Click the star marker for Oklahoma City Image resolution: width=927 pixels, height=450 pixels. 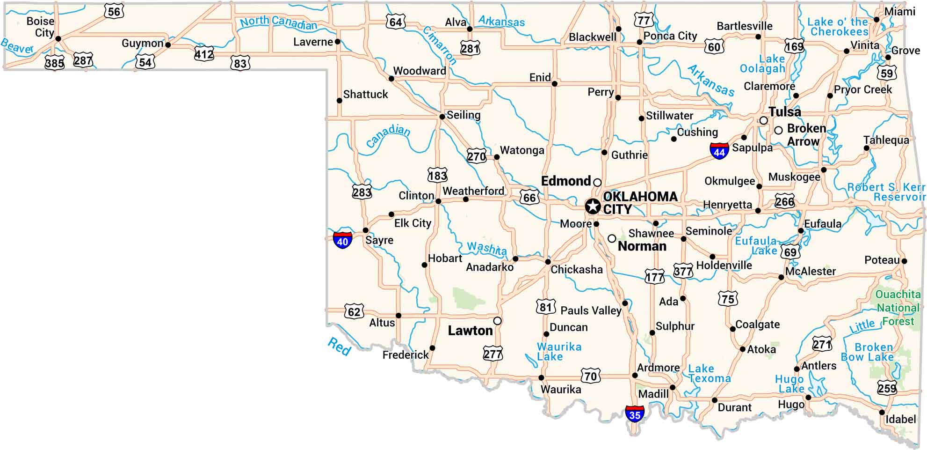click(593, 206)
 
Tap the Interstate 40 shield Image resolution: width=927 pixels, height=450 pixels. click(342, 240)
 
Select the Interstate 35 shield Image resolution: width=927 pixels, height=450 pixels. click(635, 413)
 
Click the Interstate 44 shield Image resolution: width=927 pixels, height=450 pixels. click(719, 150)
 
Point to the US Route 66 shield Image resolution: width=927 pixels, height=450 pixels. click(529, 197)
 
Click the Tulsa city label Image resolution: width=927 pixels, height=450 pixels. click(785, 112)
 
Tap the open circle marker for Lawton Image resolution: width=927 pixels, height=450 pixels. click(498, 321)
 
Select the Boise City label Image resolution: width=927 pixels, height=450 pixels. click(41, 27)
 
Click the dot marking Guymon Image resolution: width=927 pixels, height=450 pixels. click(168, 45)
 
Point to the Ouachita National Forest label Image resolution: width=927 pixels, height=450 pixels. click(898, 308)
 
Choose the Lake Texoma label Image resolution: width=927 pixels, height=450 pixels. click(709, 374)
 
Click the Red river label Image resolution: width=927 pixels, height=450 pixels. click(339, 347)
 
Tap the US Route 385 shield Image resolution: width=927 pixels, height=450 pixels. click(54, 62)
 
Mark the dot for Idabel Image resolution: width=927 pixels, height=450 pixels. click(882, 413)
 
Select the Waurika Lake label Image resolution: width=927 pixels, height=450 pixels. click(558, 351)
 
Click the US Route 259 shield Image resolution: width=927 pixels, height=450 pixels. click(887, 388)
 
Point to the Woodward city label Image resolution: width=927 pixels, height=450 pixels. click(419, 71)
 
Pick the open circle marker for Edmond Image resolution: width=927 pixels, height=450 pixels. click(597, 182)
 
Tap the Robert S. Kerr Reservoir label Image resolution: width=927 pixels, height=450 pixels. click(886, 192)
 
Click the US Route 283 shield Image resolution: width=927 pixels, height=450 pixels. click(362, 192)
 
